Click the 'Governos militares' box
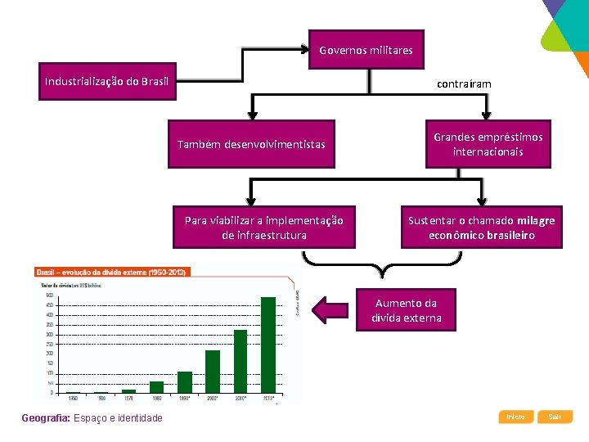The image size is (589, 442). (366, 51)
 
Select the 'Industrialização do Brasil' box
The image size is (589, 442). (107, 81)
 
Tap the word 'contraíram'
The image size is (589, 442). (464, 84)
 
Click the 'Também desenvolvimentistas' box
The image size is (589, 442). (251, 145)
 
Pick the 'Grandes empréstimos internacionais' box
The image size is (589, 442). (488, 145)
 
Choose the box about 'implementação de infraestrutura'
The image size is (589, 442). (263, 228)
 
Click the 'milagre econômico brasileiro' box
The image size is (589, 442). (481, 228)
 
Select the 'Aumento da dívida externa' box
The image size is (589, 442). (406, 310)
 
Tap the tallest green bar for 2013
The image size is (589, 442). (268, 345)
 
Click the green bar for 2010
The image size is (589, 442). (241, 361)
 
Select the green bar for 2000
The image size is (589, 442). (213, 372)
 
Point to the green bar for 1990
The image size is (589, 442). (185, 382)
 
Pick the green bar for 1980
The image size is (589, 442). (156, 387)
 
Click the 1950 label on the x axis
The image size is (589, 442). (73, 399)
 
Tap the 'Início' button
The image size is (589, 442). (515, 417)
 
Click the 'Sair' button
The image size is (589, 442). (555, 417)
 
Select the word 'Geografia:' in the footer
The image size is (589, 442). (46, 419)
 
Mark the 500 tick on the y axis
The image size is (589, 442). (50, 295)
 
